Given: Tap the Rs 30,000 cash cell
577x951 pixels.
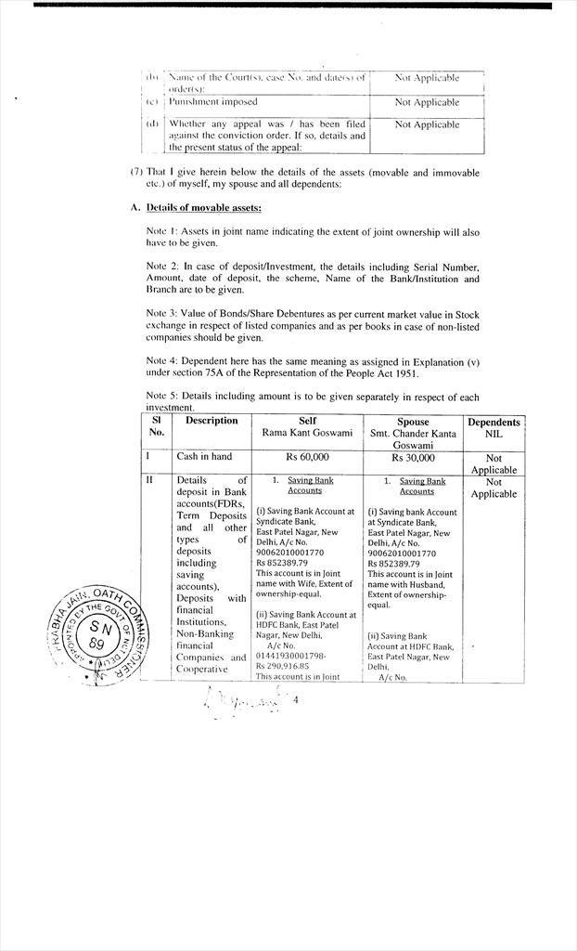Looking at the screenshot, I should [x=413, y=457].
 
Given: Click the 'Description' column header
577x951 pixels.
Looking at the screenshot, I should [x=212, y=421].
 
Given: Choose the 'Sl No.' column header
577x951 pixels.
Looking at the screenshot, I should [x=156, y=426].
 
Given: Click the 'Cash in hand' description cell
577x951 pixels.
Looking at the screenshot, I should [x=204, y=457].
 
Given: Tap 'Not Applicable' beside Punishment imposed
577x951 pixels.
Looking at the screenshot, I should [x=427, y=102].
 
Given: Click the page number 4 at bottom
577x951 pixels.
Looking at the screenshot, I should [x=296, y=700].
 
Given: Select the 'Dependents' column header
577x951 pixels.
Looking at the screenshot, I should [x=494, y=423].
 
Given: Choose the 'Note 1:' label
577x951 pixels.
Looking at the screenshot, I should [x=162, y=231].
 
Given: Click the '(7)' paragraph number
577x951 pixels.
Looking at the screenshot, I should [x=136, y=172].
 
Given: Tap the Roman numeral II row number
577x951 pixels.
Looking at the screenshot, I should [x=149, y=481].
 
